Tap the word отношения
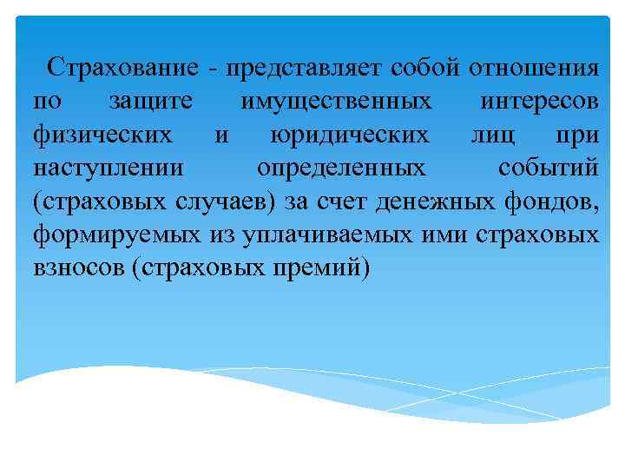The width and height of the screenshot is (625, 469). click(x=534, y=67)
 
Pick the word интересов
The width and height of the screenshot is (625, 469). click(x=538, y=102)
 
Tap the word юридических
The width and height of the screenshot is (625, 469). click(x=350, y=136)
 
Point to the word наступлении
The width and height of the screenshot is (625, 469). click(x=108, y=168)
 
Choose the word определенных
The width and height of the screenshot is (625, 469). click(x=342, y=168)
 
